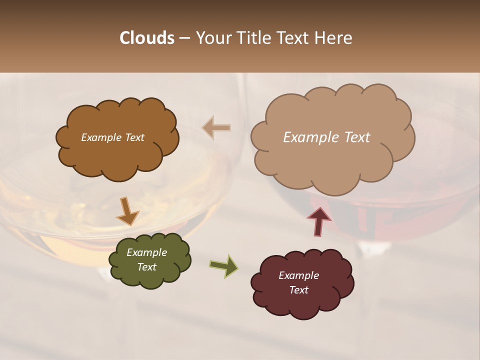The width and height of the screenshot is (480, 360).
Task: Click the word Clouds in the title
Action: point(146,38)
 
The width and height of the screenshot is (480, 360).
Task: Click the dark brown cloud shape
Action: point(117,150)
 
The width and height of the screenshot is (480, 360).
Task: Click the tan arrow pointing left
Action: point(216,128)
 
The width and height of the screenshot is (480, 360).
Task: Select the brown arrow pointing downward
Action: point(127,210)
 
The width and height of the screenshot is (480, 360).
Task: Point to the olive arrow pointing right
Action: point(223,265)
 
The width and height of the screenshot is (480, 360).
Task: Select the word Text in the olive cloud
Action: point(146,267)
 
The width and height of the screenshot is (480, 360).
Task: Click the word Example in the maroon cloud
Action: point(298,275)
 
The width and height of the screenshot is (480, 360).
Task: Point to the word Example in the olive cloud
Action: point(146,252)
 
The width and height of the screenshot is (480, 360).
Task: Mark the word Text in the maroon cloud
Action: point(298,290)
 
